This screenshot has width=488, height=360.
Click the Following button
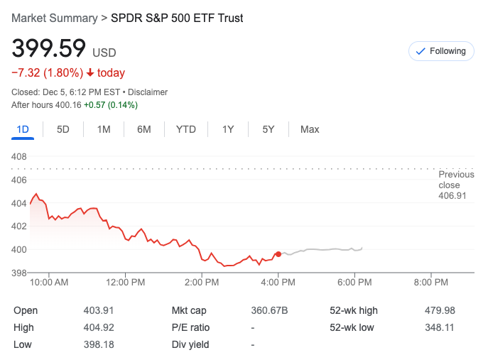tap(440, 51)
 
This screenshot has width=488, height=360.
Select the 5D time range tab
tap(63, 129)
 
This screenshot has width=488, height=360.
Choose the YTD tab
tap(185, 129)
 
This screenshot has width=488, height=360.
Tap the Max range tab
tap(310, 129)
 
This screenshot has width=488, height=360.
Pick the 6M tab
tap(144, 129)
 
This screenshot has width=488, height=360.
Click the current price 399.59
tap(48, 49)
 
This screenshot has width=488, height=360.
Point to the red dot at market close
tap(278, 253)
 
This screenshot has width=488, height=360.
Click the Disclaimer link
tap(148, 92)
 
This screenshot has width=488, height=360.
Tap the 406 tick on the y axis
tap(19, 180)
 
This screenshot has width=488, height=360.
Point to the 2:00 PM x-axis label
tap(202, 283)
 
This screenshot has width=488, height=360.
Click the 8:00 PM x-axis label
tap(431, 283)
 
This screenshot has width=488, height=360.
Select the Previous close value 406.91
tap(452, 195)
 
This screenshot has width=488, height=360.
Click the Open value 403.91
tap(99, 310)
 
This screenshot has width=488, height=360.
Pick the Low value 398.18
tap(99, 344)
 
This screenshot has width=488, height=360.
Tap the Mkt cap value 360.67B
tap(269, 310)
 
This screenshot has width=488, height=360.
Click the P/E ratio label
tap(190, 327)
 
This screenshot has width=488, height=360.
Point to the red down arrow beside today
tap(91, 73)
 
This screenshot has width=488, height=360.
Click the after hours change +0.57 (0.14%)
tap(111, 105)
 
